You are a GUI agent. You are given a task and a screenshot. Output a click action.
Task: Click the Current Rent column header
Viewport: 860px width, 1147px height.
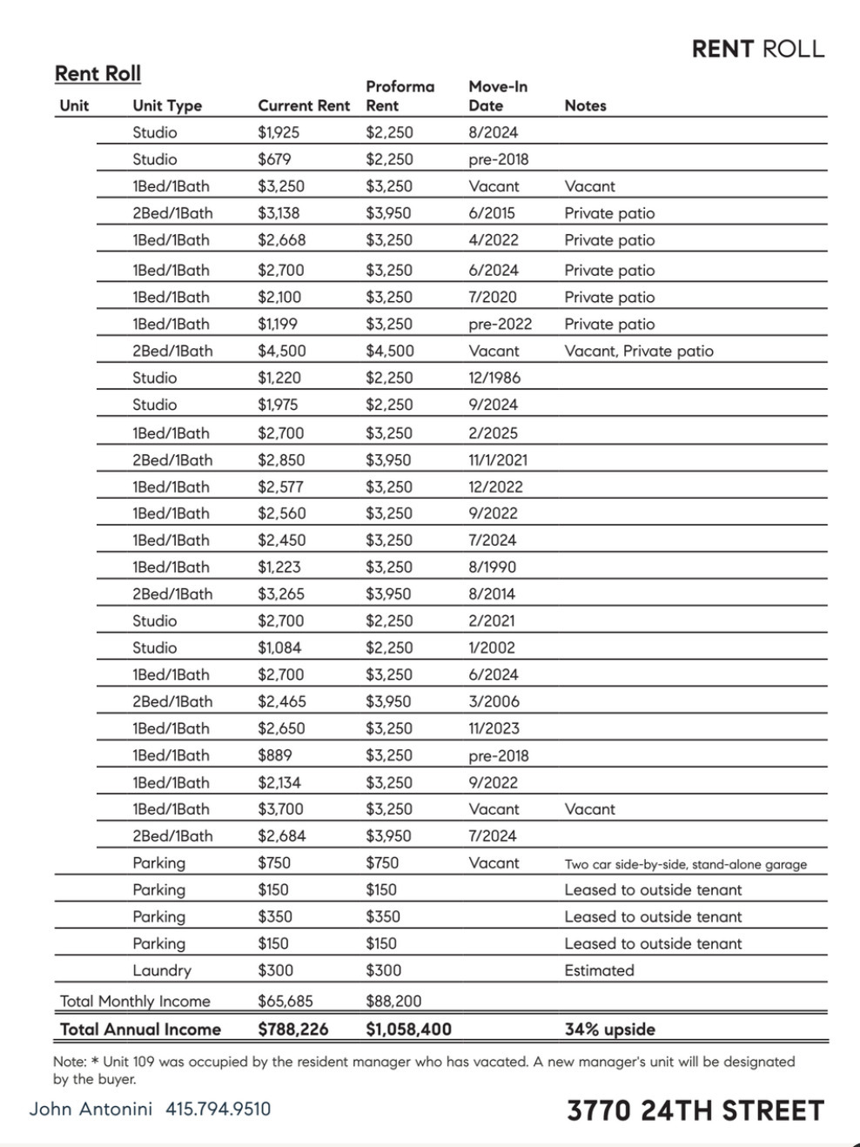(304, 105)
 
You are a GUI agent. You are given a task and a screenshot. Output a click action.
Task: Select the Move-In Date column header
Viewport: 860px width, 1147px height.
(498, 96)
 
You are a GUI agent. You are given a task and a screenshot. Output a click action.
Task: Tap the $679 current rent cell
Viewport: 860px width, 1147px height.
(274, 159)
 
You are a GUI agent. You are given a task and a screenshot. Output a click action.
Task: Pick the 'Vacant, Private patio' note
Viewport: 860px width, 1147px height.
(638, 351)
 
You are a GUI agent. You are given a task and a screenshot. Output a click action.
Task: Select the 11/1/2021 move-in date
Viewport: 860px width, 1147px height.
(498, 459)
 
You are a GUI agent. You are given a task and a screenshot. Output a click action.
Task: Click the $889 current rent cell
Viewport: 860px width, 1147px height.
(275, 755)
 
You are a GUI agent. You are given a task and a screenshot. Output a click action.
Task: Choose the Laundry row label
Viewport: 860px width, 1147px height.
(162, 970)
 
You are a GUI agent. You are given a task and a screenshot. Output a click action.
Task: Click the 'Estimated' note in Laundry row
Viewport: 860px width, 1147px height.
(599, 970)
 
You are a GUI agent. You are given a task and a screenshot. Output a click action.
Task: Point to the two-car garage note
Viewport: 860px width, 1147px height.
(685, 864)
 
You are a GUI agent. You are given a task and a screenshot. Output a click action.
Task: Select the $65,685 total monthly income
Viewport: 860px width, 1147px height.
(285, 1001)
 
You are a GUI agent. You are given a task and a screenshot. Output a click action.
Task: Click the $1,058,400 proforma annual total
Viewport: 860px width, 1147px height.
(408, 1029)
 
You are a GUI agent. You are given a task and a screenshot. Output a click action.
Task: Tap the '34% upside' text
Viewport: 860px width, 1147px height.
(609, 1029)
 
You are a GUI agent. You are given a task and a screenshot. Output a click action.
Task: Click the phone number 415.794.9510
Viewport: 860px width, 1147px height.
(218, 1109)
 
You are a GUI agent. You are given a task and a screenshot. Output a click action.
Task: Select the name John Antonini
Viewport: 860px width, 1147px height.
(91, 1109)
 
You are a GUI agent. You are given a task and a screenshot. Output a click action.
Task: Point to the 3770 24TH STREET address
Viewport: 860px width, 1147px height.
(695, 1110)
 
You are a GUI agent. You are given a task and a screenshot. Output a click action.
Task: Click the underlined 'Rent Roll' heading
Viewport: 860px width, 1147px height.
(97, 74)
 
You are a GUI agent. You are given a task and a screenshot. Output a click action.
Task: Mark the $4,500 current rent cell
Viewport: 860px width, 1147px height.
(281, 351)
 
